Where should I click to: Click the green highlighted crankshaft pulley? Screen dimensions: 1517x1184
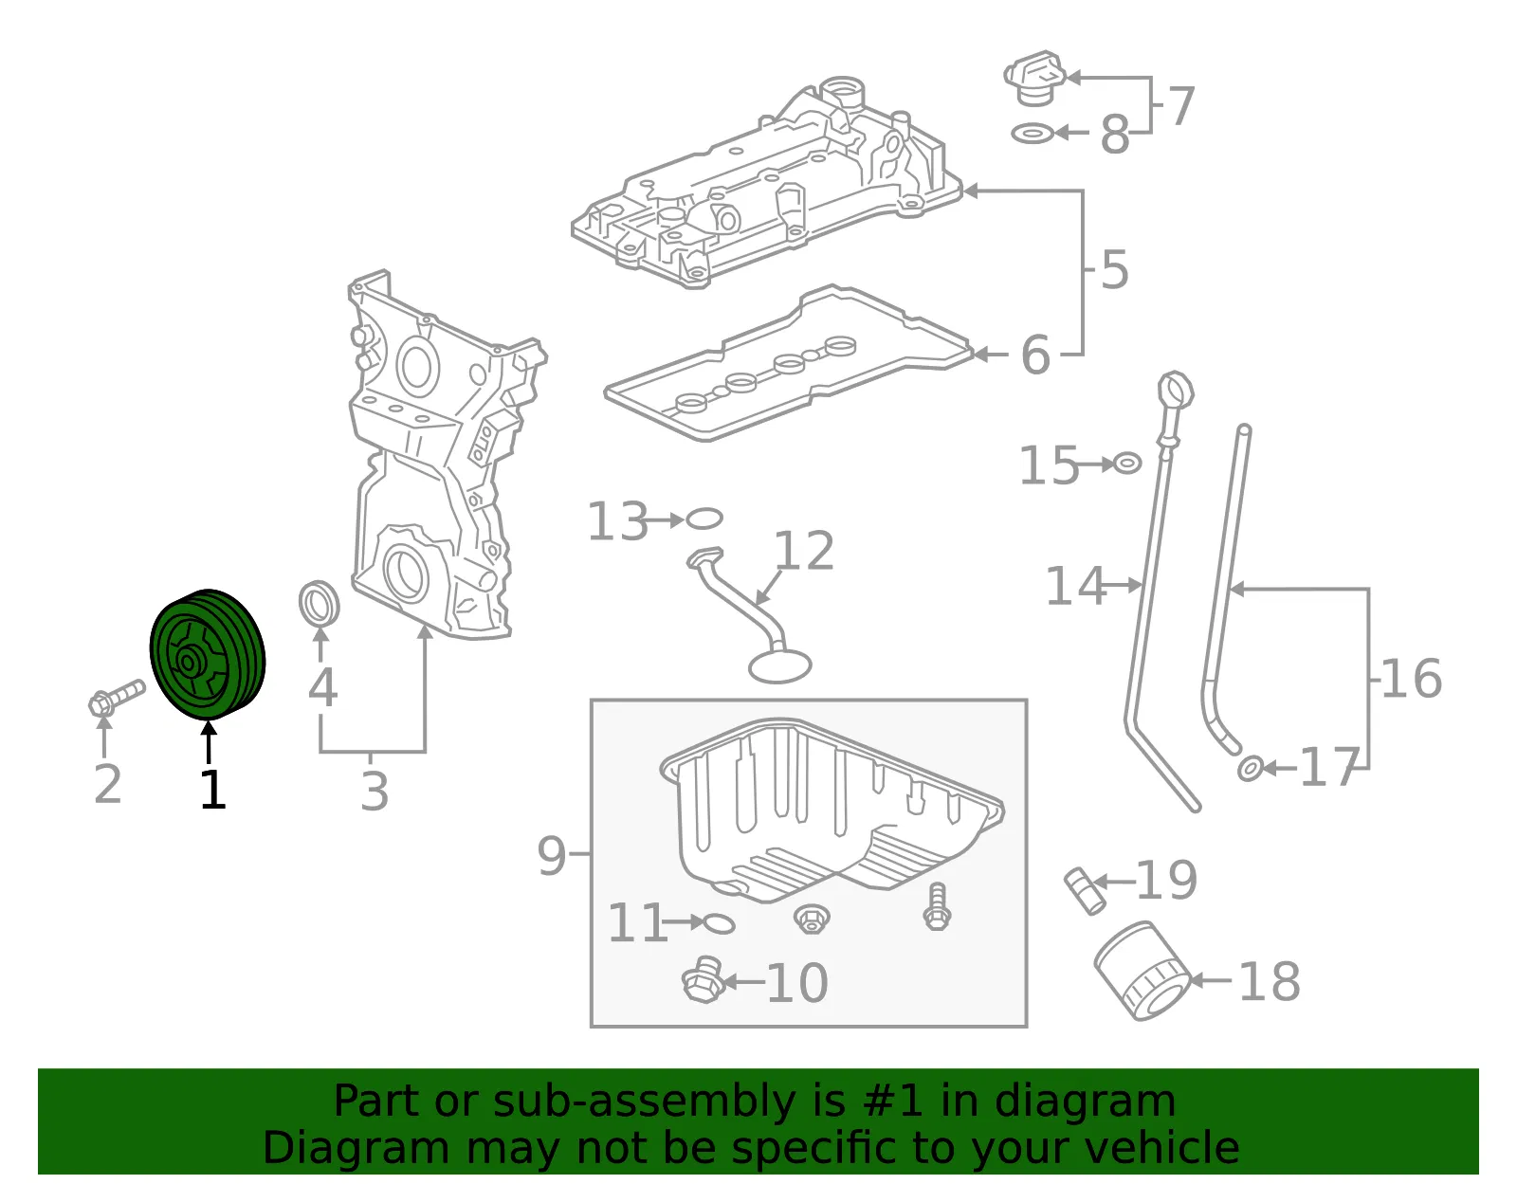pos(208,654)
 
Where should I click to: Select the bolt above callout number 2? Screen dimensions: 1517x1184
pos(117,698)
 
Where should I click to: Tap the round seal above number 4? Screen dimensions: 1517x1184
pos(319,604)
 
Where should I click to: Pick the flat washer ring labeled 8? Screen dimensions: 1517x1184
pos(1032,133)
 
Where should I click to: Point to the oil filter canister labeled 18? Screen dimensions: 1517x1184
pos(1142,972)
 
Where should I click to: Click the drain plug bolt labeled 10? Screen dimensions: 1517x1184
pos(703,979)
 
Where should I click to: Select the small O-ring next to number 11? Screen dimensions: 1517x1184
pos(719,923)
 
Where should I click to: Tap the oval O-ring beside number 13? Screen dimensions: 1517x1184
pos(704,519)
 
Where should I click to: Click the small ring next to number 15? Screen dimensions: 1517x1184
pos(1126,463)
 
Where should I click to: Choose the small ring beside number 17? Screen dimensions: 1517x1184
pos(1250,768)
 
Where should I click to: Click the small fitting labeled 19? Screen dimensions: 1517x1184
pos(1084,890)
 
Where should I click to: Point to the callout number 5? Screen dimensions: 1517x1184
pos(1114,269)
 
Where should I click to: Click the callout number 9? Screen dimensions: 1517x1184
pos(551,855)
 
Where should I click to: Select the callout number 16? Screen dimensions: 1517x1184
pos(1410,678)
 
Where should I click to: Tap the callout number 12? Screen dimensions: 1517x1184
pos(804,551)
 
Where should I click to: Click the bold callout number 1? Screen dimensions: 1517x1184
pos(212,789)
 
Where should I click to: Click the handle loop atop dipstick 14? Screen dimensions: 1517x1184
pos(1176,391)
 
